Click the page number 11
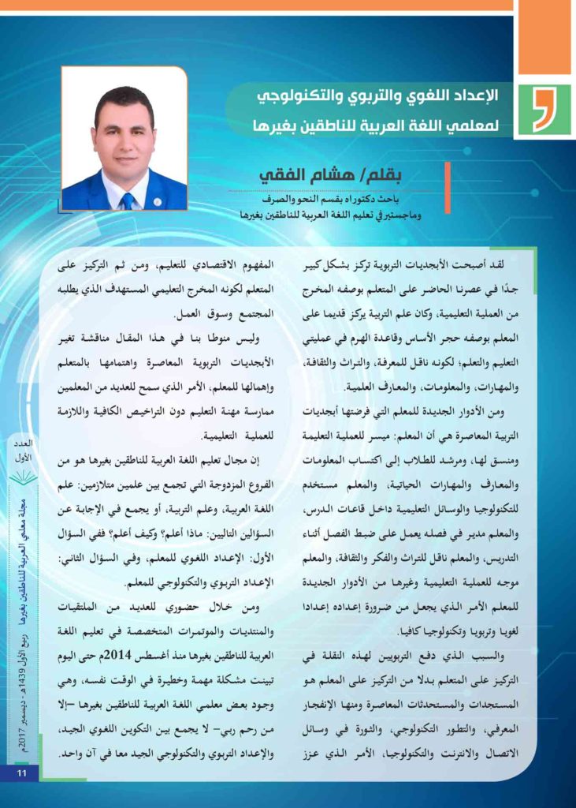click(x=22, y=772)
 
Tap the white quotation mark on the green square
click(x=542, y=111)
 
